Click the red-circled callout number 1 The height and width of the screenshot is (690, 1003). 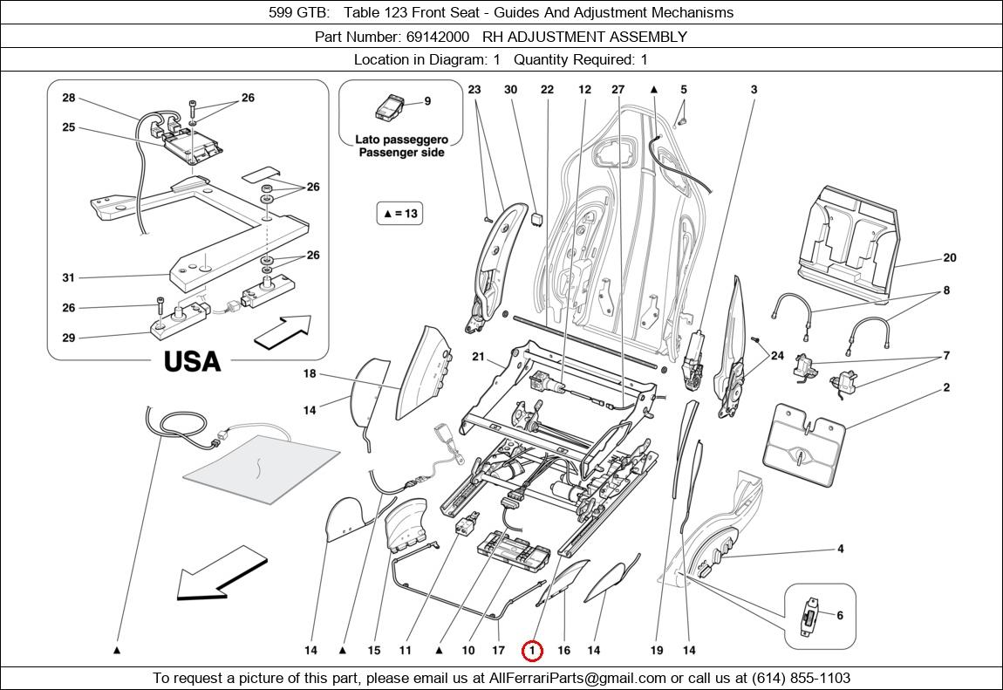[x=532, y=651]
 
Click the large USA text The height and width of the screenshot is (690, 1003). [x=192, y=362]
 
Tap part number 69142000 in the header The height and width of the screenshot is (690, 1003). [x=438, y=37]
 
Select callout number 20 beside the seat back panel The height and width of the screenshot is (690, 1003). [x=949, y=257]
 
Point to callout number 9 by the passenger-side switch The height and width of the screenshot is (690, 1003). [x=427, y=101]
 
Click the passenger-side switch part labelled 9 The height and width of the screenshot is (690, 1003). [x=390, y=106]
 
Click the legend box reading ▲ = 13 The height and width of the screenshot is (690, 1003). [x=399, y=214]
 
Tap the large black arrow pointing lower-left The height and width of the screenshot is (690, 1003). [x=221, y=574]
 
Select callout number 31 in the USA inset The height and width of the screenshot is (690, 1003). [x=68, y=277]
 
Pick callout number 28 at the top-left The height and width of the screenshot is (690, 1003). [x=68, y=98]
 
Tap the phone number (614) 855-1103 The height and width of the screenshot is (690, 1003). [x=801, y=678]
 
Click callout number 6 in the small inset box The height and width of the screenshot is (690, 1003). [x=840, y=615]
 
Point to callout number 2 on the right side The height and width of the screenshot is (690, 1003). [x=946, y=387]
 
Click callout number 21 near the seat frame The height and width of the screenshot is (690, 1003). [x=479, y=357]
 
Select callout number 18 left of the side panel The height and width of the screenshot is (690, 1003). [x=310, y=373]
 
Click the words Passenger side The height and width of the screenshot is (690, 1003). [x=401, y=153]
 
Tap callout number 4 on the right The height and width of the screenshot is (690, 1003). [x=841, y=549]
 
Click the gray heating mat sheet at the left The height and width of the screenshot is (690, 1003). [x=261, y=468]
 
